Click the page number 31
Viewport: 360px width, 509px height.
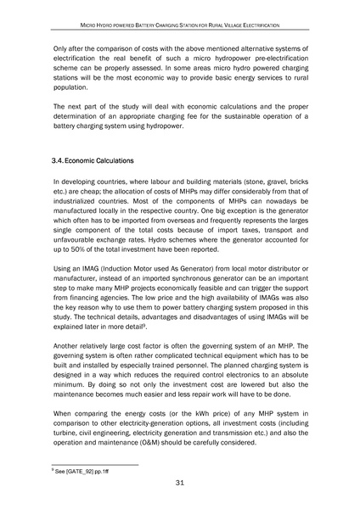click(179, 483)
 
